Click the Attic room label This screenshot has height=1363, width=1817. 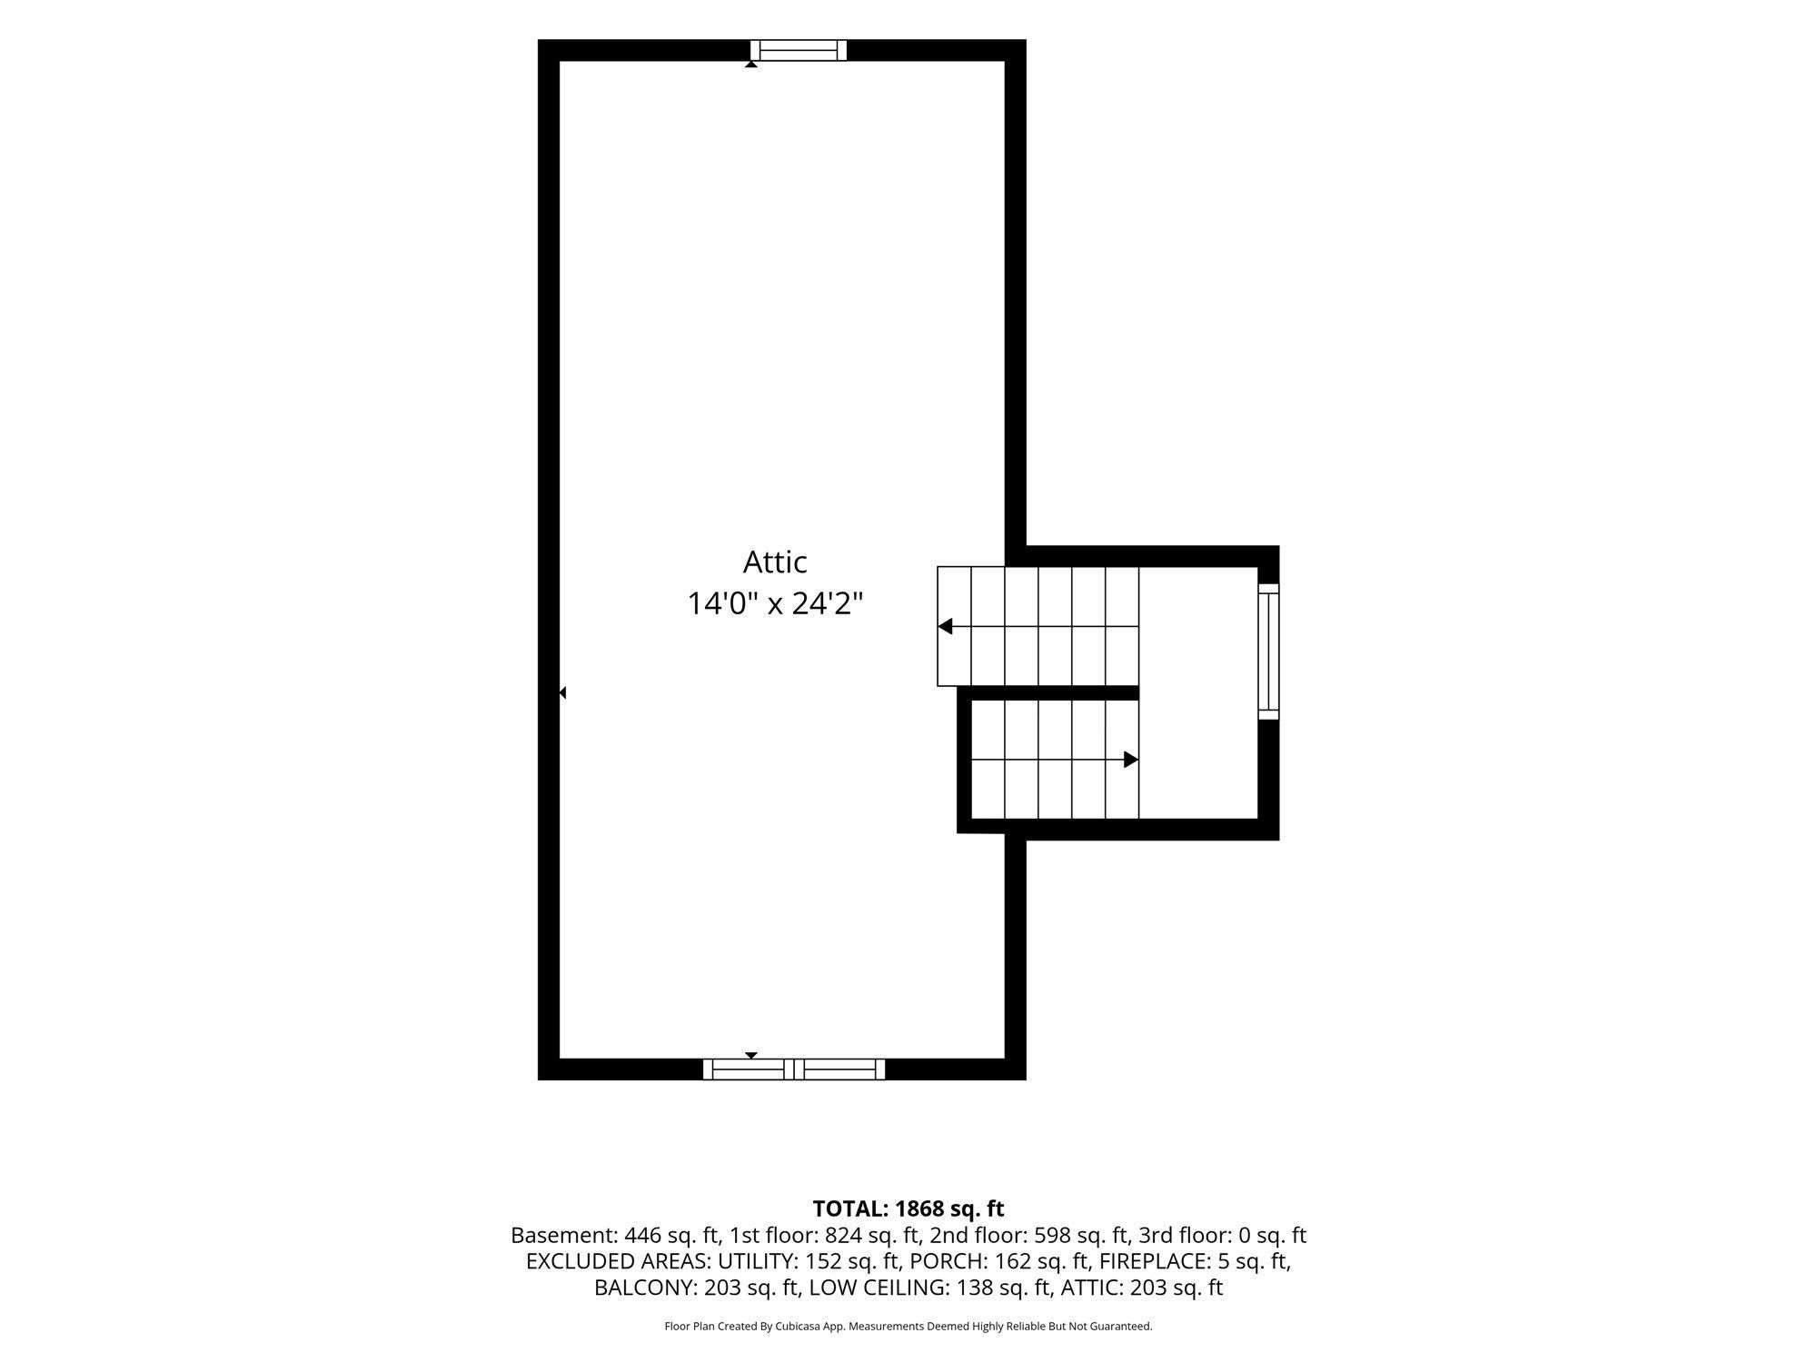point(775,562)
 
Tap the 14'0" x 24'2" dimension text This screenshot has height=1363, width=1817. point(774,602)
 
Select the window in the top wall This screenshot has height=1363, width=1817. point(799,50)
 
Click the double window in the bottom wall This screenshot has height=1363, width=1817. point(794,1070)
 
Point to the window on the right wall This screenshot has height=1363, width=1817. point(1268,652)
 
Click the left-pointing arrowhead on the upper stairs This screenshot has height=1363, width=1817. point(945,626)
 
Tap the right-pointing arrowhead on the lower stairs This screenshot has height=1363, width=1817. point(1131,760)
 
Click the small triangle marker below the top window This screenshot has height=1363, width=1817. point(751,65)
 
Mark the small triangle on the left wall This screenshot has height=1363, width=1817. point(562,692)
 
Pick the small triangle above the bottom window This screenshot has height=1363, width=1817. point(751,1055)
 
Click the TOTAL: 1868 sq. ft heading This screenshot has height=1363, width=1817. point(908,1209)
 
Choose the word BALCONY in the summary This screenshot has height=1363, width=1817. point(646,1288)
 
